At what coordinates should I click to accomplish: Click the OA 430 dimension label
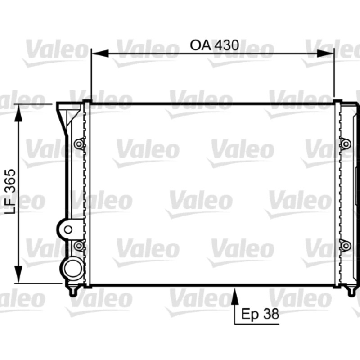215,45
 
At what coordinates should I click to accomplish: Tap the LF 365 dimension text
11,192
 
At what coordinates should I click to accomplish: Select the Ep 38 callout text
260,314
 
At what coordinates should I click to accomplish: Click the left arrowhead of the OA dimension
100,54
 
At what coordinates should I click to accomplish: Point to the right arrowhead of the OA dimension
325,54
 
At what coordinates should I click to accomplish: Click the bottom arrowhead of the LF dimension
18,274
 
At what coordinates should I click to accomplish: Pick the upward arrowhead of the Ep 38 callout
234,296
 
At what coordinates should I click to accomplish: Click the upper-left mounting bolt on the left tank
79,144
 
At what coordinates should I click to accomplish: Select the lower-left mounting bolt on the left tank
79,246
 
